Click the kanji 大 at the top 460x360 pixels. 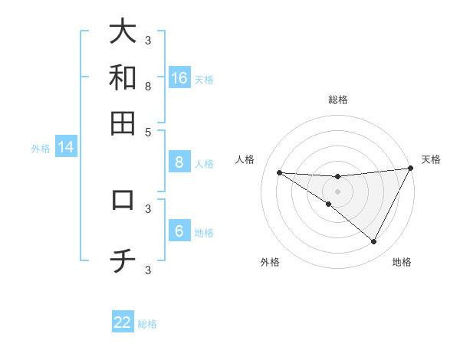tap(123, 31)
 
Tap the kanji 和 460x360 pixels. tap(123, 77)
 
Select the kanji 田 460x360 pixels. tap(123, 123)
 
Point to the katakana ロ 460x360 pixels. tap(123, 200)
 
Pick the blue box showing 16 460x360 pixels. tap(179, 78)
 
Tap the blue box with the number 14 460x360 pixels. tap(66, 148)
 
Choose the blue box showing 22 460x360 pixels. tap(123, 322)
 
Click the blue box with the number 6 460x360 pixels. tap(179, 231)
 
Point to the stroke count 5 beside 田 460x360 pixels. tap(148, 131)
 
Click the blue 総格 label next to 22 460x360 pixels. tap(147, 324)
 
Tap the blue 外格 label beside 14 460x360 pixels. tap(41, 149)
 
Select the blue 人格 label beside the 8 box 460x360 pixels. tap(204, 163)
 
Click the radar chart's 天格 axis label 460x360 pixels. tap(431, 159)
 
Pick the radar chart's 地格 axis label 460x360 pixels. tap(402, 262)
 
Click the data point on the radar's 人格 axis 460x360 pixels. tap(279, 172)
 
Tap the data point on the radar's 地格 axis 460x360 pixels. tap(373, 241)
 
